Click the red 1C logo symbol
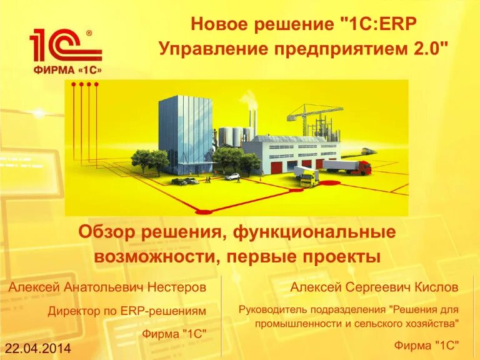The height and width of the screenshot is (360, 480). pos(62,46)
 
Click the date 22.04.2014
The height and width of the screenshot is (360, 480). pos(38,347)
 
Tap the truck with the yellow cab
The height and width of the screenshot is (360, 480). pos(306,177)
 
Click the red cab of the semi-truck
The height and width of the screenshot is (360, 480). pos(364,167)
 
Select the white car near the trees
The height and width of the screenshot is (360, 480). pos(232,177)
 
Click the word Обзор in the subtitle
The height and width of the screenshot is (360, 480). pos(106,233)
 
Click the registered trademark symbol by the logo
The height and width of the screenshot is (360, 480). pos(89,32)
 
